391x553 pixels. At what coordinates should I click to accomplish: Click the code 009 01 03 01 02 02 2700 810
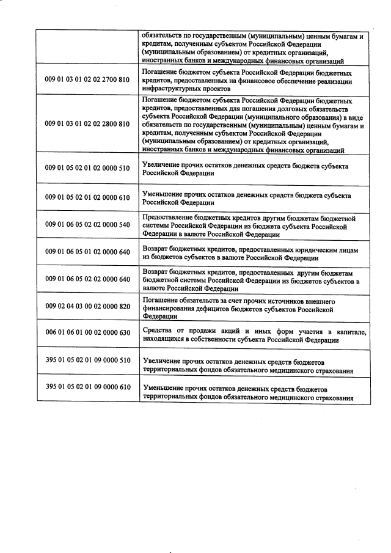(87, 79)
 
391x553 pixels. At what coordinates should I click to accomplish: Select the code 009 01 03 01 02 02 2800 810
(87, 123)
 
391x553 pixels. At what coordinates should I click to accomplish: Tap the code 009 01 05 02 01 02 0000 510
(87, 167)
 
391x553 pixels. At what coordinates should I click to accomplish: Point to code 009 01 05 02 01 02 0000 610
(87, 197)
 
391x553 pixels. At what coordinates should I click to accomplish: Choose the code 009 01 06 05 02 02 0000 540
(87, 224)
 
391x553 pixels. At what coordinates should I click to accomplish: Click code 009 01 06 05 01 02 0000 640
(87, 252)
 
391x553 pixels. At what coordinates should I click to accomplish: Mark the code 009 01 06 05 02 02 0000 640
(87, 279)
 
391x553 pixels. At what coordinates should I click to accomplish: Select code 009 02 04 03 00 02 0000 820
(87, 306)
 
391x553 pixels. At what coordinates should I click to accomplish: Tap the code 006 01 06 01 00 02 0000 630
(87, 332)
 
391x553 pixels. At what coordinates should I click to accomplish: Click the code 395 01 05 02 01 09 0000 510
(87, 360)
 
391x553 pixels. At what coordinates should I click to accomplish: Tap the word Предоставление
(170, 218)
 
